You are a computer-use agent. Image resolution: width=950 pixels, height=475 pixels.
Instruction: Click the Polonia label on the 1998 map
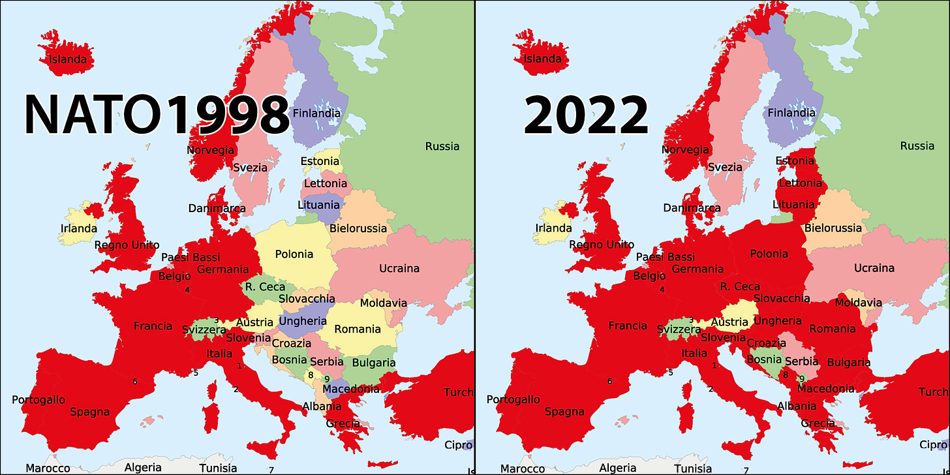point(294,254)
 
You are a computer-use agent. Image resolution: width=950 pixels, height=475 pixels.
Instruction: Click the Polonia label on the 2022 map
point(769,254)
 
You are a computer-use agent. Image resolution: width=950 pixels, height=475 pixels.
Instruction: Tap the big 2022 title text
point(585,116)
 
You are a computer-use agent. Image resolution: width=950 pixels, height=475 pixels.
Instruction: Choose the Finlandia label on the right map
point(791,113)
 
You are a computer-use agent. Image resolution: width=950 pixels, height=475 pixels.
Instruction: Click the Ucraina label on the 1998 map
point(399,268)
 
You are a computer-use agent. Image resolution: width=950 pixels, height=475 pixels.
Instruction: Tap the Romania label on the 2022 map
point(832,329)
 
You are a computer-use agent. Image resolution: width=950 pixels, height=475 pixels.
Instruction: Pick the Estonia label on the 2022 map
point(795,161)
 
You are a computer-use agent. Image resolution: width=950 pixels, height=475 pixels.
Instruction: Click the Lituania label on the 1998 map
point(318,205)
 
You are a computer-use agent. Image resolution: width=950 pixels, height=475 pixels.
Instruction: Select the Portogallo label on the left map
point(38,399)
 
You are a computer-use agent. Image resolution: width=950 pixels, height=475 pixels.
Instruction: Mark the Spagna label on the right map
point(565,412)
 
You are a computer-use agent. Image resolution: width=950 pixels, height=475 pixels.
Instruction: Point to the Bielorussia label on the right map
point(833,228)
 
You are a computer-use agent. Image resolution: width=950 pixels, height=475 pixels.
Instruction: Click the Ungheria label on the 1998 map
point(303,321)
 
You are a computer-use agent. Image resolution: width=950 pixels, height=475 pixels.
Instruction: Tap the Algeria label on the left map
point(143,468)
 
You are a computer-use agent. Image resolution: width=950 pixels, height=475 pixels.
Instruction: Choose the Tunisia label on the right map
point(693,468)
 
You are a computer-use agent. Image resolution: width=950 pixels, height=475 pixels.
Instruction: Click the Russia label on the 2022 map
point(917,146)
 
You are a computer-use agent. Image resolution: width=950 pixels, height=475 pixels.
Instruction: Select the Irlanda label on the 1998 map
point(78,228)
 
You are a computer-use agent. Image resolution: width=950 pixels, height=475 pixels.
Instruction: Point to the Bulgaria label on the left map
point(373,363)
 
